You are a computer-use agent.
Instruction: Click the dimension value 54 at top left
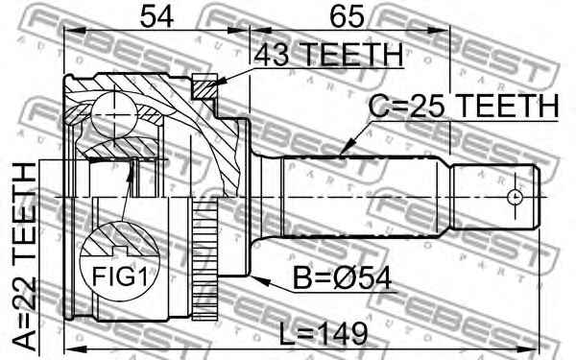[156, 17]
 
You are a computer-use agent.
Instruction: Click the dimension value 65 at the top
[348, 17]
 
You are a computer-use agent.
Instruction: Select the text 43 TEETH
[328, 55]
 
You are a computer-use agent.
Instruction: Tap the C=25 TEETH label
[464, 106]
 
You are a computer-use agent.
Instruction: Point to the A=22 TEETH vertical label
[24, 256]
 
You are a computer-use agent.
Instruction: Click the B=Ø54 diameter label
[343, 278]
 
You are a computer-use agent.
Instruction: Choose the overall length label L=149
[324, 333]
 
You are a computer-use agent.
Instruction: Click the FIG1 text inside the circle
[120, 276]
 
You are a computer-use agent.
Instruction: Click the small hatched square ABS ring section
[204, 86]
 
